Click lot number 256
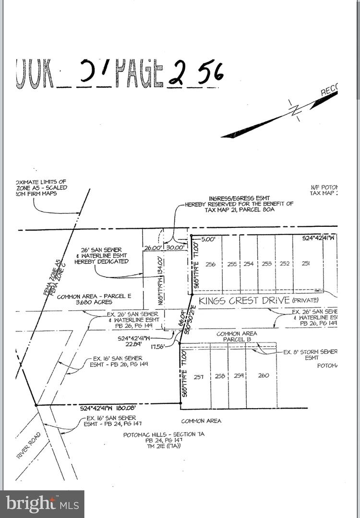click(210, 264)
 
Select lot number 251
click(305, 263)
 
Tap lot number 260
click(264, 376)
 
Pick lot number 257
click(199, 377)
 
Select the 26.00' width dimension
click(153, 247)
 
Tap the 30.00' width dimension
click(175, 247)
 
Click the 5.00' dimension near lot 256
click(208, 238)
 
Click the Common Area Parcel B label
click(237, 337)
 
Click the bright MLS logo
click(42, 504)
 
